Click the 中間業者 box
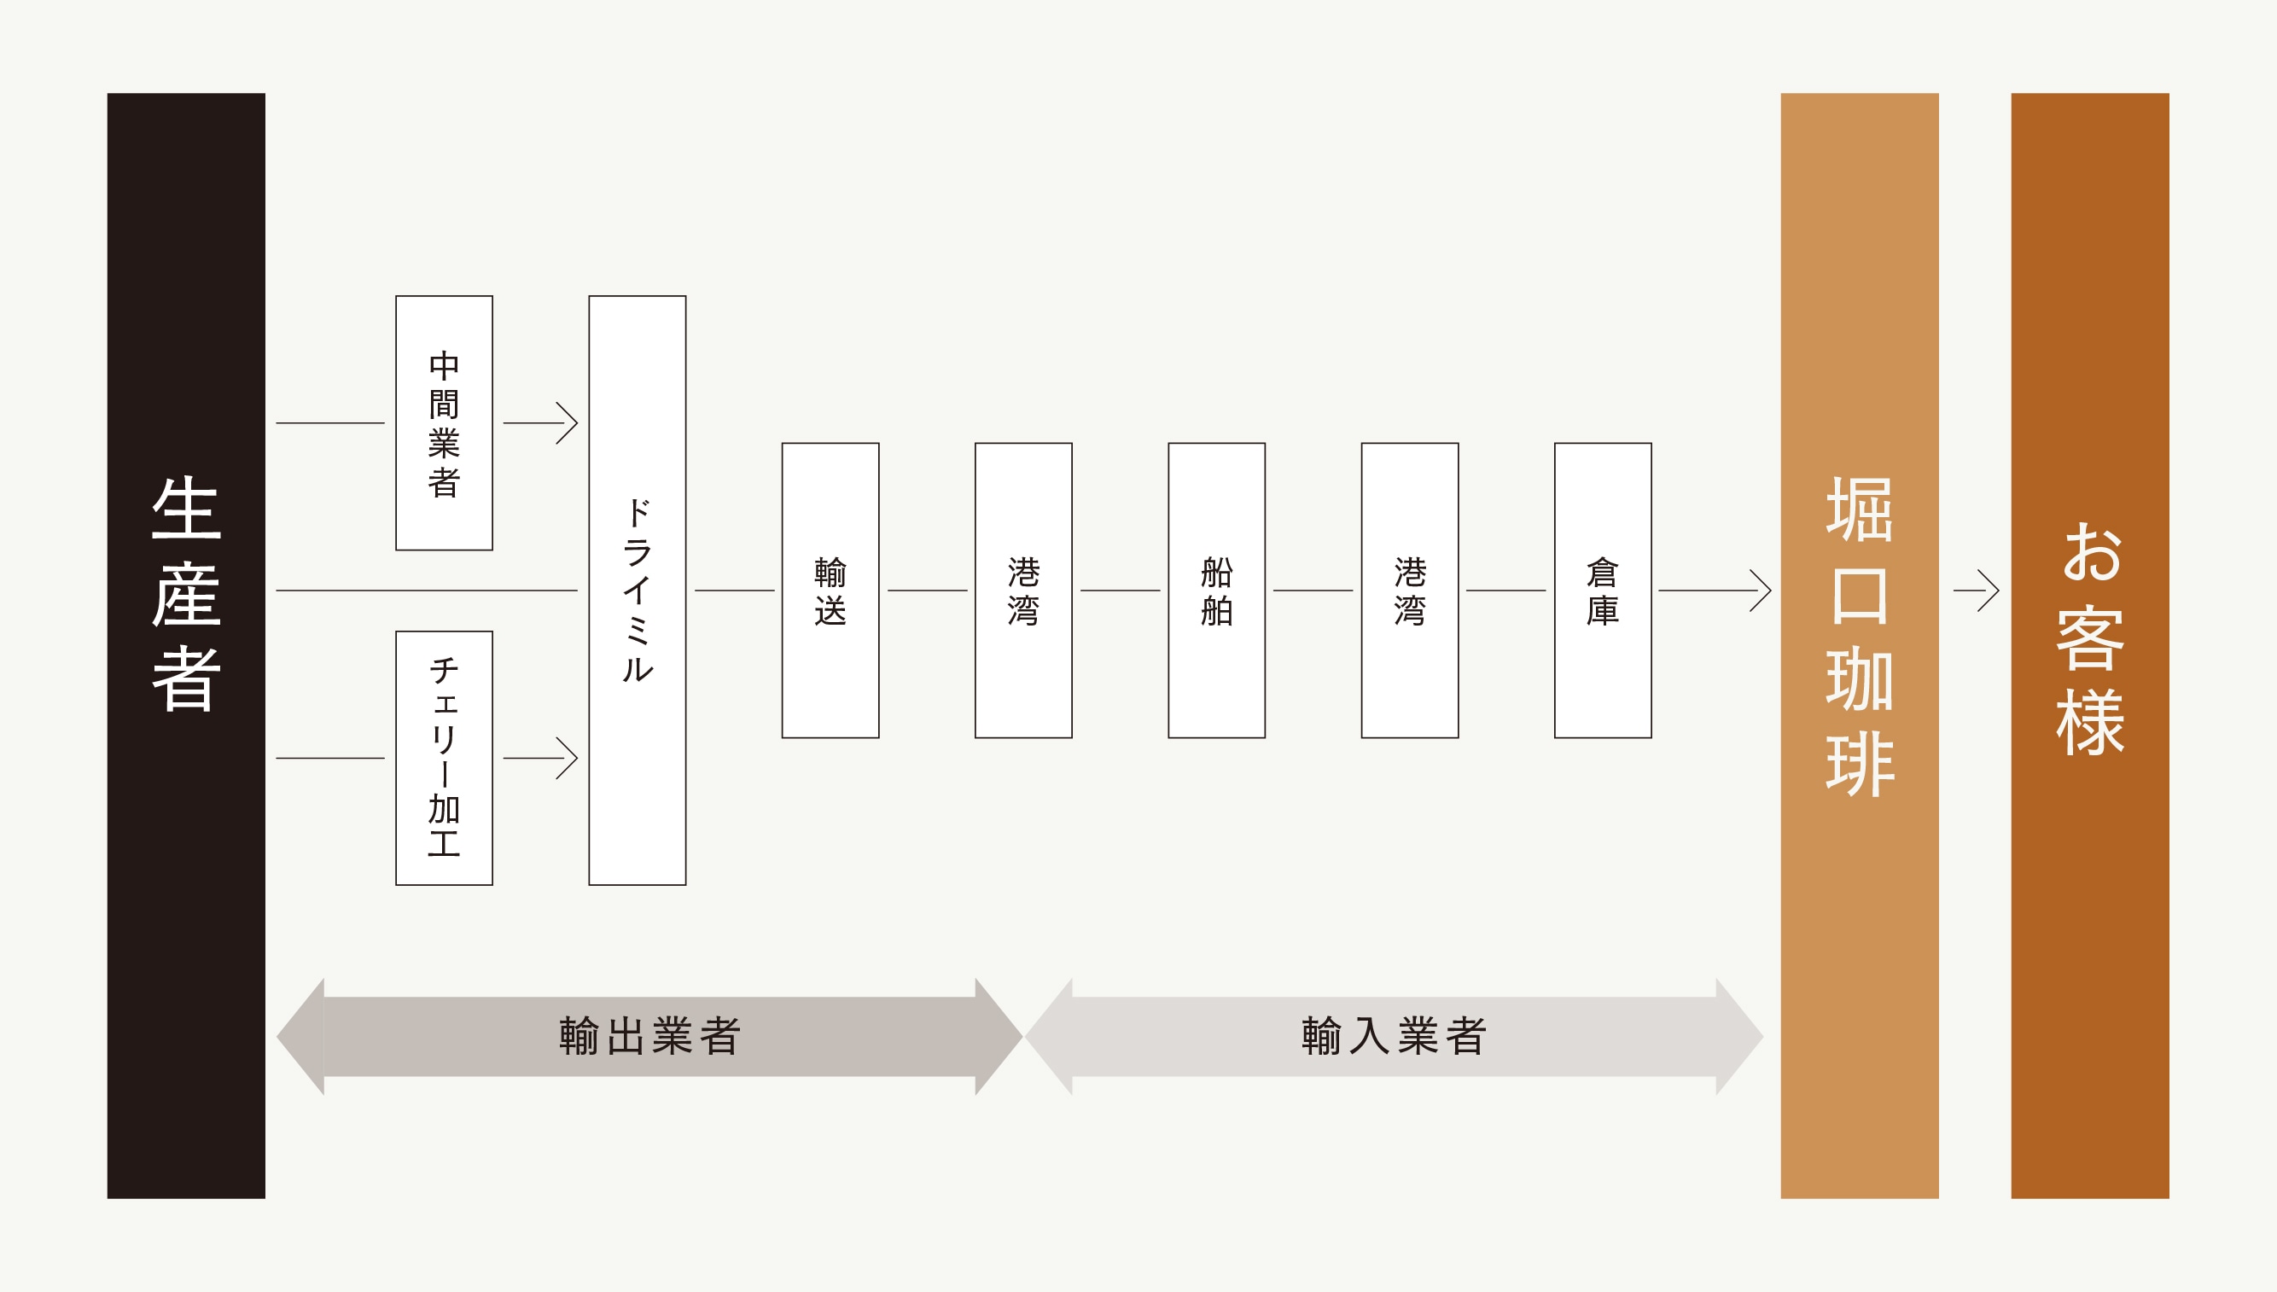tap(444, 423)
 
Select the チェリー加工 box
tap(444, 758)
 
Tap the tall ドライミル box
tap(638, 590)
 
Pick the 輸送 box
tap(830, 590)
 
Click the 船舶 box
tap(1215, 590)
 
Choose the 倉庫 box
tap(1603, 590)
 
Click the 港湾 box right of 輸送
tap(1023, 590)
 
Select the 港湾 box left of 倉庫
tap(1409, 590)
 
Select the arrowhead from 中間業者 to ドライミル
tap(568, 423)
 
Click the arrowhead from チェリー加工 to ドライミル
tap(568, 759)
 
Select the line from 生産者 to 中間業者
tap(330, 423)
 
